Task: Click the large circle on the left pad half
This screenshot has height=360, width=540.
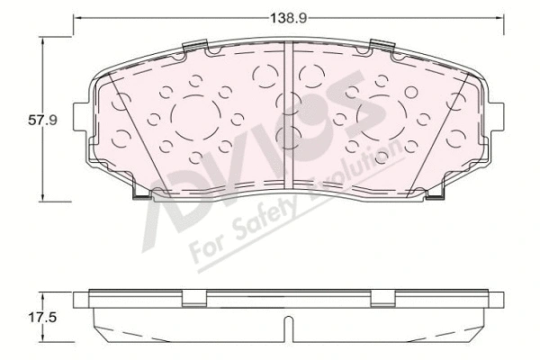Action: (x=195, y=119)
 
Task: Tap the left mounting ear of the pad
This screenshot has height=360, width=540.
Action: (x=84, y=117)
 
